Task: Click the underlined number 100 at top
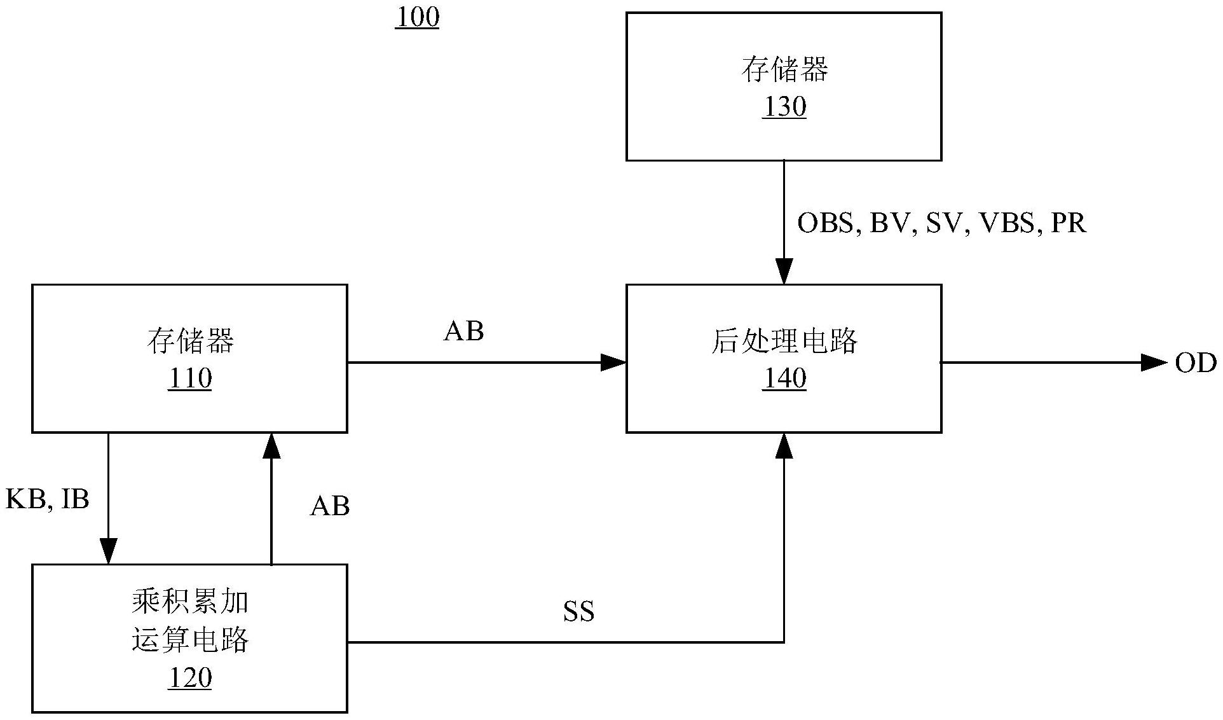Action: click(417, 18)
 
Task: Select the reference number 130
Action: click(784, 107)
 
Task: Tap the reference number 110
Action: click(189, 379)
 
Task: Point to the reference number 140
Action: click(784, 379)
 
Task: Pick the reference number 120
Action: click(189, 678)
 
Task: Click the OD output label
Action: click(1195, 363)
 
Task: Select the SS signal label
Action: click(578, 612)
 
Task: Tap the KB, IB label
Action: click(47, 499)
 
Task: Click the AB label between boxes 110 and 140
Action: click(463, 331)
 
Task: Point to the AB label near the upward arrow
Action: click(330, 506)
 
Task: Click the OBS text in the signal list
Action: click(825, 223)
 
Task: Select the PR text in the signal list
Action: click(1069, 223)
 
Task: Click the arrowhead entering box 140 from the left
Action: click(614, 363)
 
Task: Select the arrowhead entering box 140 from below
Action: click(784, 446)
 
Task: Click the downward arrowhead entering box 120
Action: click(109, 551)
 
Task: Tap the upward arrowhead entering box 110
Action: click(271, 446)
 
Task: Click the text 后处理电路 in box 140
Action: click(784, 342)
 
